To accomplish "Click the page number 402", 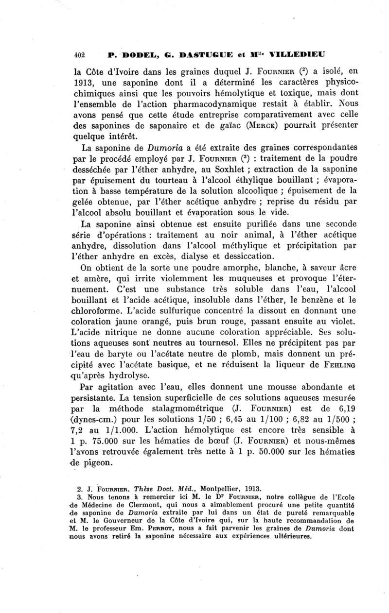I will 79,54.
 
